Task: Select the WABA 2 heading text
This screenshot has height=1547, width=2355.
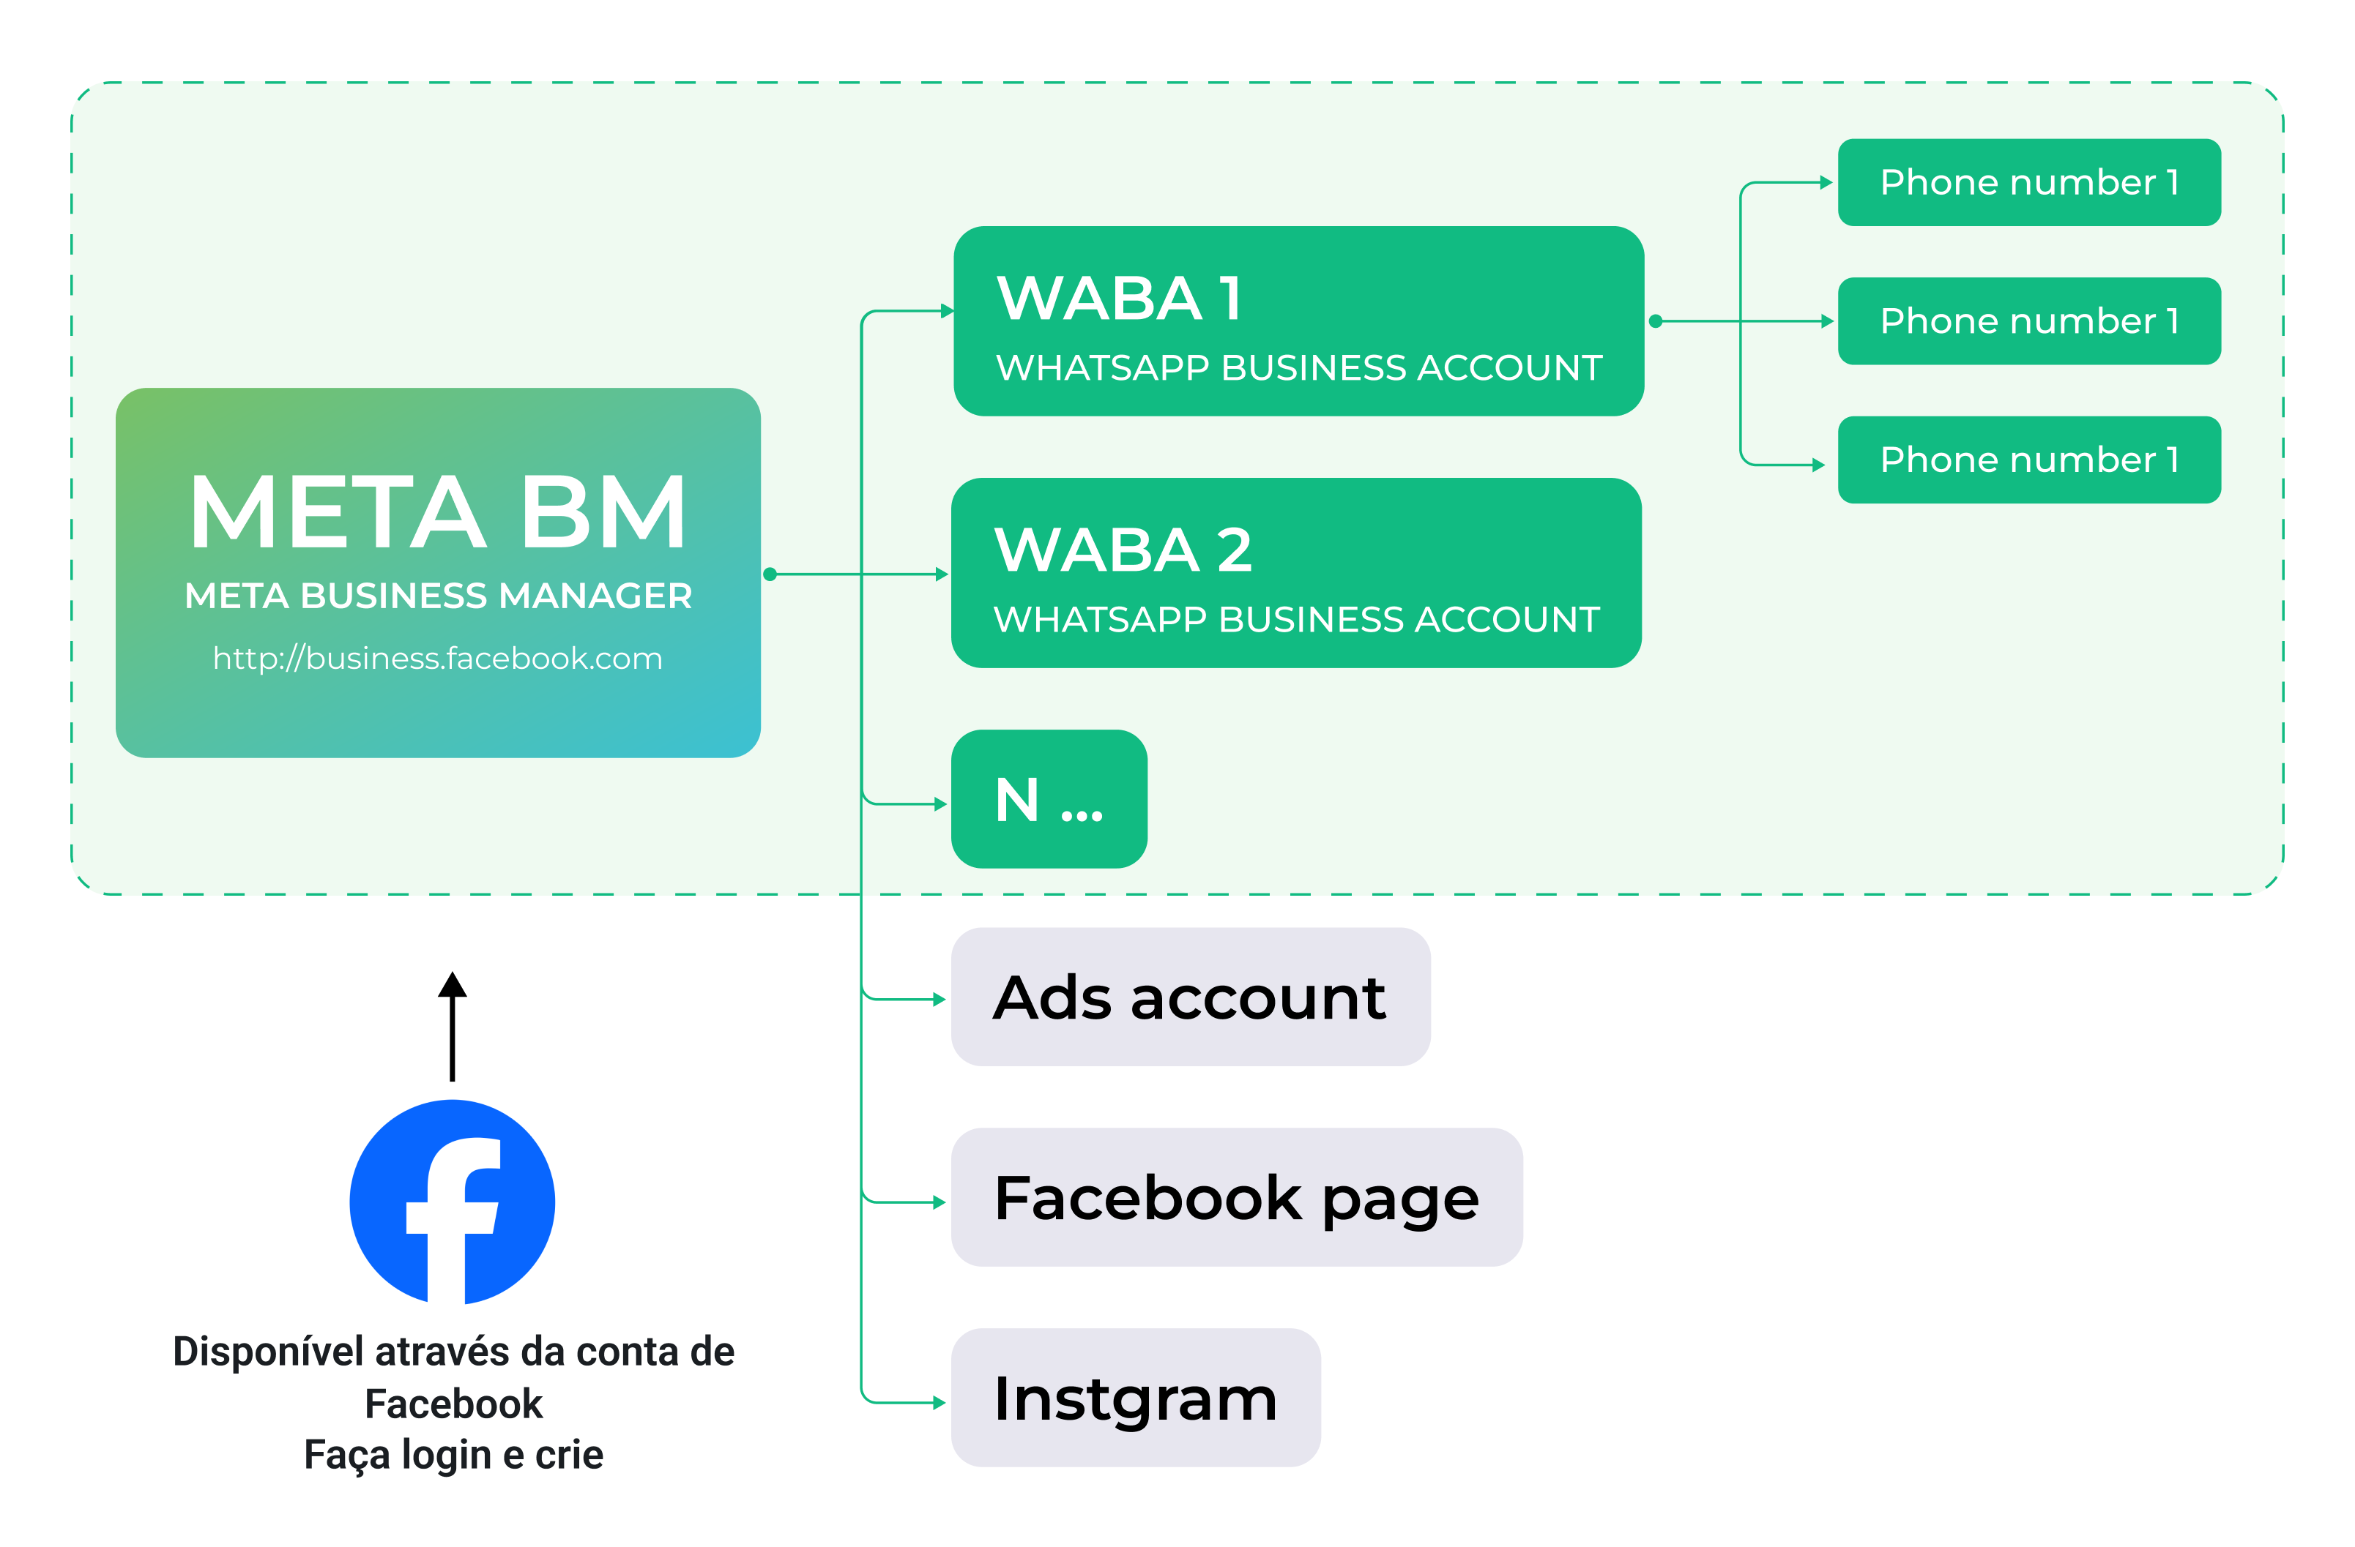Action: click(x=1123, y=550)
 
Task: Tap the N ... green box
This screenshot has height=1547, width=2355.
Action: click(x=1049, y=799)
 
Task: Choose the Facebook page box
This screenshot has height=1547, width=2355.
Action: click(x=1236, y=1198)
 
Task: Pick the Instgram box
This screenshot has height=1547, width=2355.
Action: click(x=1135, y=1398)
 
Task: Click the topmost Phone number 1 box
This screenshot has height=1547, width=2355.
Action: click(x=2028, y=183)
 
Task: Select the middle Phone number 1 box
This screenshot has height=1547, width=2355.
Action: click(x=2028, y=321)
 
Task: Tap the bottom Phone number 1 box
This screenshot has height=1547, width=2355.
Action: click(x=2028, y=460)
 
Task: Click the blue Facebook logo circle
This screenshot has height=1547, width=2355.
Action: click(x=453, y=1202)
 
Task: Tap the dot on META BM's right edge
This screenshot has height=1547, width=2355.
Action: click(x=770, y=574)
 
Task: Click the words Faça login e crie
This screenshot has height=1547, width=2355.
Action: click(x=453, y=1455)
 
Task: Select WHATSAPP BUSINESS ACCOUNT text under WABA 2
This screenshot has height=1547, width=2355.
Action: click(x=1296, y=620)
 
